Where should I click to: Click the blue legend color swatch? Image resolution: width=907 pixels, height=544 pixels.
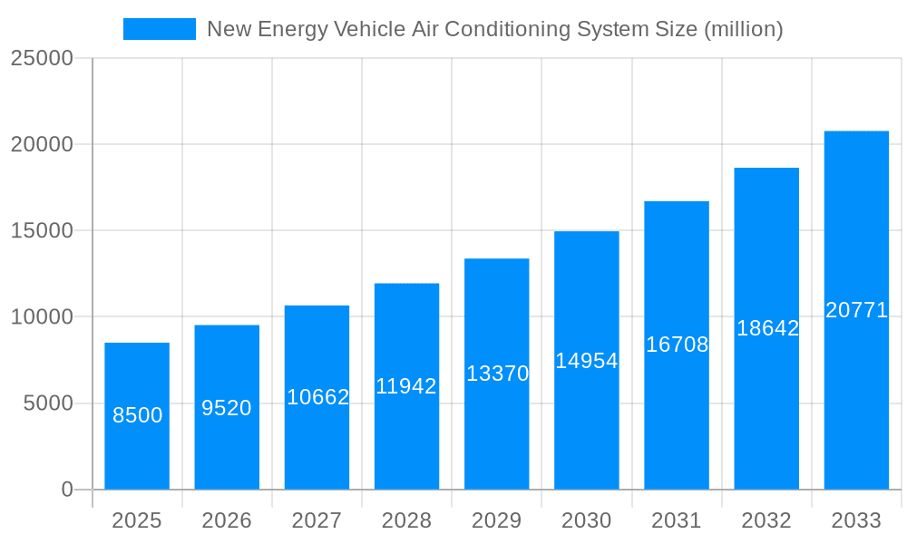click(x=159, y=29)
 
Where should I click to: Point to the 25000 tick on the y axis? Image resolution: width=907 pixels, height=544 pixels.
click(x=41, y=58)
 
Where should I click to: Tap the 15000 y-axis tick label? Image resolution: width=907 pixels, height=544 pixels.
click(x=41, y=230)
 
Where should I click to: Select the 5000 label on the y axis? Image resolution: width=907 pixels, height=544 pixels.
click(x=47, y=403)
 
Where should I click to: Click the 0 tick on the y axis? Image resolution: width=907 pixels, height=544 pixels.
click(x=66, y=490)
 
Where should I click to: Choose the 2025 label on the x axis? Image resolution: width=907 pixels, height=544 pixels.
click(x=137, y=520)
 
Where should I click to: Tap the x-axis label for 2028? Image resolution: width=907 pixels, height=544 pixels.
click(x=406, y=520)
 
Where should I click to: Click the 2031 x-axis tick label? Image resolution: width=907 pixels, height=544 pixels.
click(x=677, y=520)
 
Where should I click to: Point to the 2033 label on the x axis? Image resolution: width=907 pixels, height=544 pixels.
click(x=856, y=520)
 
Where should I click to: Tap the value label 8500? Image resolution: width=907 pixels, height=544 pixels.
click(x=137, y=415)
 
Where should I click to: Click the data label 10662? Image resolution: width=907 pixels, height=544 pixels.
click(x=317, y=397)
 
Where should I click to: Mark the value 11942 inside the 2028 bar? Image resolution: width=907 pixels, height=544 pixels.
click(x=406, y=386)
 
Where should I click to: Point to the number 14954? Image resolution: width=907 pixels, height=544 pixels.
click(x=587, y=361)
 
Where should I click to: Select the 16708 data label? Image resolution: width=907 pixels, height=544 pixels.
click(x=677, y=345)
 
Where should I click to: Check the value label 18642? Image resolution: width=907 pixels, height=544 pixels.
click(x=767, y=328)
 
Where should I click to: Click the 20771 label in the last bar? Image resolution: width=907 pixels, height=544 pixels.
click(x=856, y=310)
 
